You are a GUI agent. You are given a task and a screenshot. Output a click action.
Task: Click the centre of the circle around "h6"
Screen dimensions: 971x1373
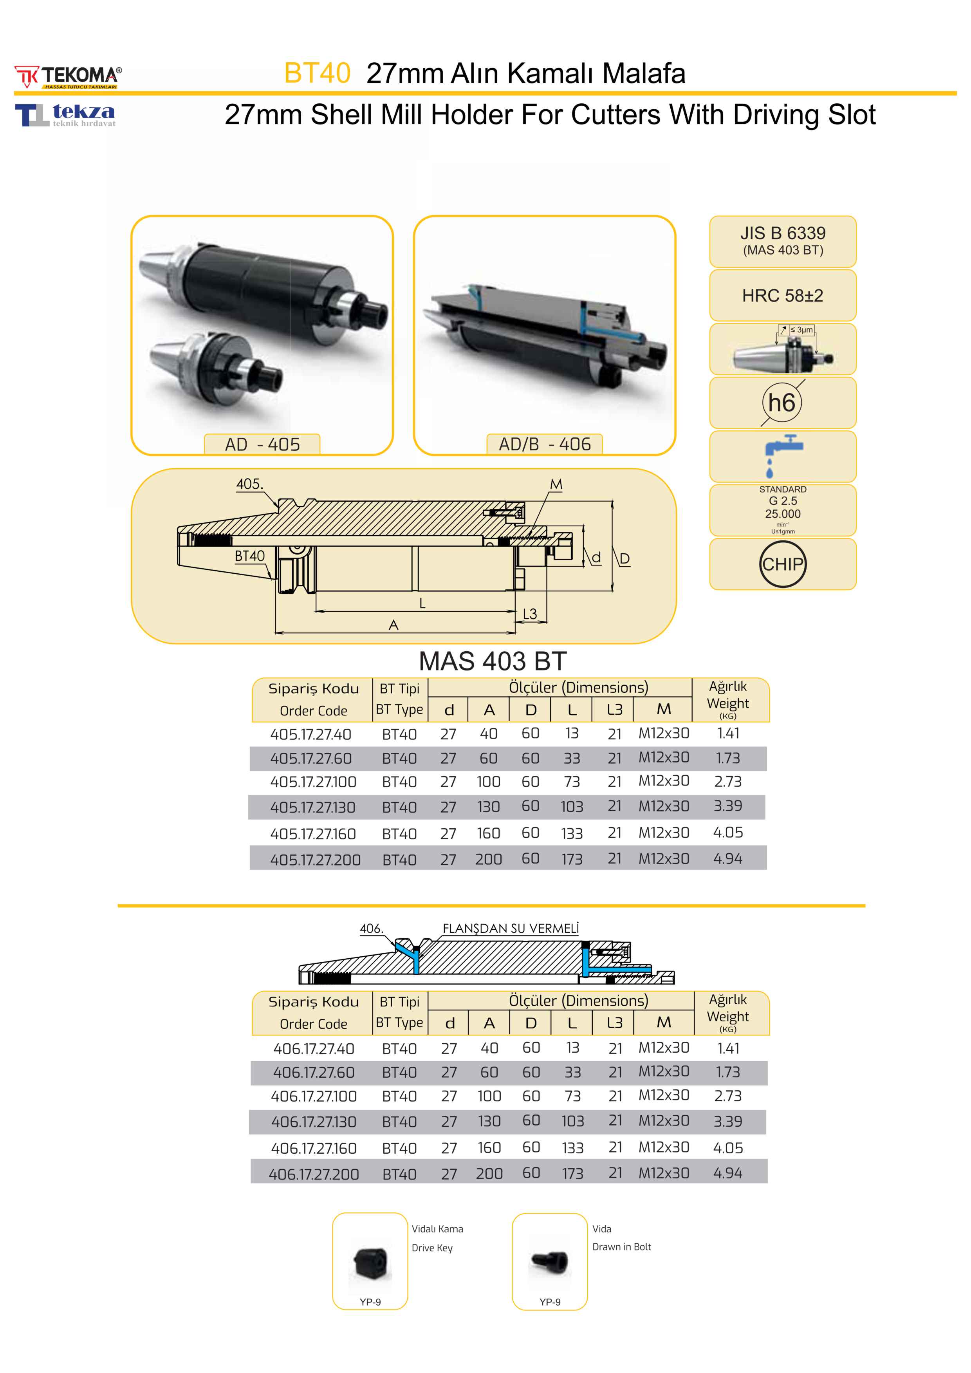[x=782, y=403]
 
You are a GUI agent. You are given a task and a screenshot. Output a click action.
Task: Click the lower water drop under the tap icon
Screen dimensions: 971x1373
[x=769, y=473]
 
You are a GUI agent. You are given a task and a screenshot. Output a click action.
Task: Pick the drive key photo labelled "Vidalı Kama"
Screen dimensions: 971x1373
[x=370, y=1263]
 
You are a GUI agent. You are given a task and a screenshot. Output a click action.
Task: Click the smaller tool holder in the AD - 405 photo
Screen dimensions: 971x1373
[x=216, y=371]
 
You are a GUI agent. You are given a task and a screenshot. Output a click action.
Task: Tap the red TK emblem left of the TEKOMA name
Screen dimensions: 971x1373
[x=26, y=76]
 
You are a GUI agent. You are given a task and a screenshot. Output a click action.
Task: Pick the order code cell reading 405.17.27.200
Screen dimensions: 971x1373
[x=315, y=860]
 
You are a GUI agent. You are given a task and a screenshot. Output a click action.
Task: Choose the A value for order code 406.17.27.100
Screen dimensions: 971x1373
[x=489, y=1096]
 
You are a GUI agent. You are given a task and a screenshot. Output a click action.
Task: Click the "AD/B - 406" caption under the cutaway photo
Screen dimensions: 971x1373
[x=545, y=444]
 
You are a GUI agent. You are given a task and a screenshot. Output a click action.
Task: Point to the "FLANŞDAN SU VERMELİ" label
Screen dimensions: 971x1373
[x=511, y=928]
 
